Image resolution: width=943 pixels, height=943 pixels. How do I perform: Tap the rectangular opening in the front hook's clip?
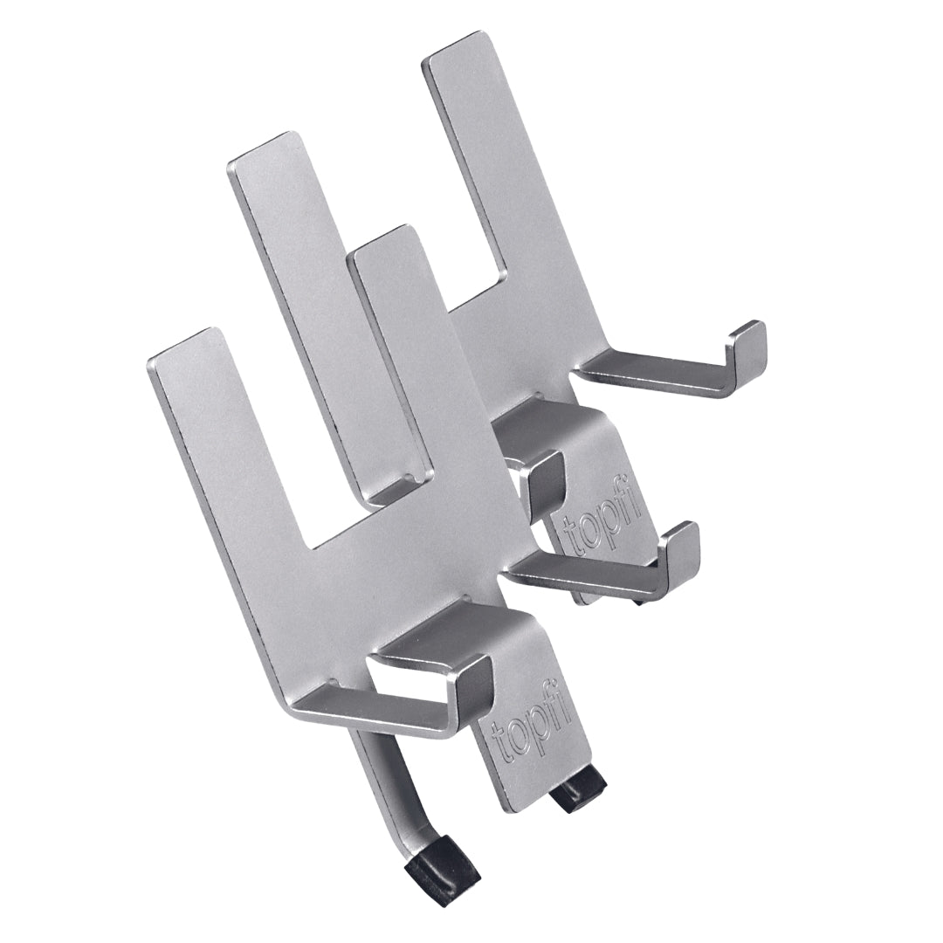(410, 681)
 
